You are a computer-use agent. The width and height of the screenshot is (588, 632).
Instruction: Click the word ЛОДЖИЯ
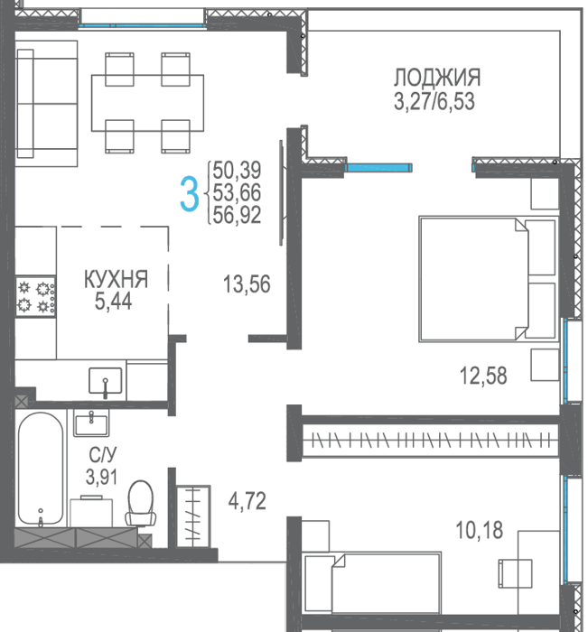coord(437,78)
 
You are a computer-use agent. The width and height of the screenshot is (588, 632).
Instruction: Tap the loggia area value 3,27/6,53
coord(434,101)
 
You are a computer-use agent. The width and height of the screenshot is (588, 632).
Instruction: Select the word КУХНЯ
coord(117,279)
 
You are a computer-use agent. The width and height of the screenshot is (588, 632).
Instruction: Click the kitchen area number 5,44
coord(113,301)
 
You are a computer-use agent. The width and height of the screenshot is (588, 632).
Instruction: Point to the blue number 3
coord(189,194)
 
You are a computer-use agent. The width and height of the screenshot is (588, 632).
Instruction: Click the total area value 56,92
coord(237,215)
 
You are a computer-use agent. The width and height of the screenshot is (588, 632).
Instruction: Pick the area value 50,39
coord(237,170)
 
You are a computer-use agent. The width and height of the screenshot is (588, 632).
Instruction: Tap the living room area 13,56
coord(247,283)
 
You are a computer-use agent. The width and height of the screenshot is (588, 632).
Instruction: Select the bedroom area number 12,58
coord(483,376)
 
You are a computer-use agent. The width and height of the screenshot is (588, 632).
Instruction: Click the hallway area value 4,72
coord(247,501)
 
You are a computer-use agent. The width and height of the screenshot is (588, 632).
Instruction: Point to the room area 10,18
coord(479,531)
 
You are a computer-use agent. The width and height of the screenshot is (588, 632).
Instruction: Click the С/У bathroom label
coord(102,455)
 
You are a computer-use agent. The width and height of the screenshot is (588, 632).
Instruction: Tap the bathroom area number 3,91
coord(102,478)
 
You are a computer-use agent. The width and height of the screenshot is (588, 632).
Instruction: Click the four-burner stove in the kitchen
coord(35,296)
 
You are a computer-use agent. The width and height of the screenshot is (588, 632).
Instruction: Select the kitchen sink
coord(106,381)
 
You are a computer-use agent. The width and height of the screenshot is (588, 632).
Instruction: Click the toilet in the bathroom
coord(140,503)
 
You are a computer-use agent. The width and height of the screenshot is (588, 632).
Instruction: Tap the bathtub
coord(41,469)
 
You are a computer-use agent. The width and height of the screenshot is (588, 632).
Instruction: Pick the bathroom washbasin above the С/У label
coord(91,423)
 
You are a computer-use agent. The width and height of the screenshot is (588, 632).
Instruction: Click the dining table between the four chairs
coord(147,103)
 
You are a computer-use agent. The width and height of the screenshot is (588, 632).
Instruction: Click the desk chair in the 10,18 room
coord(515,574)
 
